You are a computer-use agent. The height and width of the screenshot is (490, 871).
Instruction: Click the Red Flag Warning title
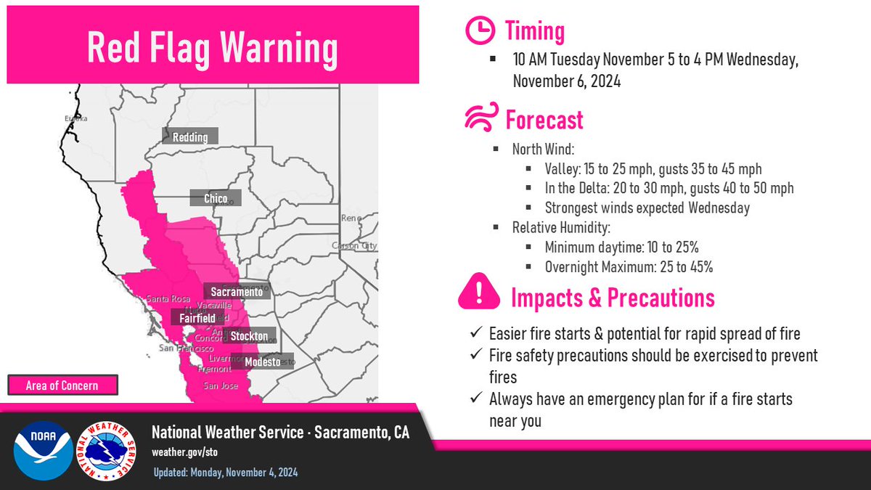pos(212,48)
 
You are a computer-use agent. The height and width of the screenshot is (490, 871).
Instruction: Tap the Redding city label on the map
pos(189,136)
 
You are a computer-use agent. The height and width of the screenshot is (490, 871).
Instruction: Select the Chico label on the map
pos(216,198)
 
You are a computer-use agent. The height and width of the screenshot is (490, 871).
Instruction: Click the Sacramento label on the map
pos(236,291)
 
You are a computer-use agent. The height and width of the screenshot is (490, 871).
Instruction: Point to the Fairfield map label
pos(192,318)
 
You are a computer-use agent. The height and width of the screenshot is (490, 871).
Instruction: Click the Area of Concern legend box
pos(63,385)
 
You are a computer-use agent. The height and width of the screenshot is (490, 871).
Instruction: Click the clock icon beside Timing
pos(479,31)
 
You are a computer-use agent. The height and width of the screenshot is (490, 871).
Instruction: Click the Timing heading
pos(535,31)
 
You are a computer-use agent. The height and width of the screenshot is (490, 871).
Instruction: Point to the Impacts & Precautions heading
pos(613,298)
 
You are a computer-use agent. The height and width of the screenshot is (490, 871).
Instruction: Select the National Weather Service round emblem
pos(108,450)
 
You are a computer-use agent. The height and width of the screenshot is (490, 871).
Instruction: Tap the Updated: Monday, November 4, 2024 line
pos(225,473)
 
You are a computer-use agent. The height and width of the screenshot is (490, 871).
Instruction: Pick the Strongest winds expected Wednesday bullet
pos(647,208)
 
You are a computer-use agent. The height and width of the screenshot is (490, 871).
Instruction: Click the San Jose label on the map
pos(220,385)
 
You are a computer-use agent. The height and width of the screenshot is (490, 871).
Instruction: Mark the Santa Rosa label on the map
pos(168,298)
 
